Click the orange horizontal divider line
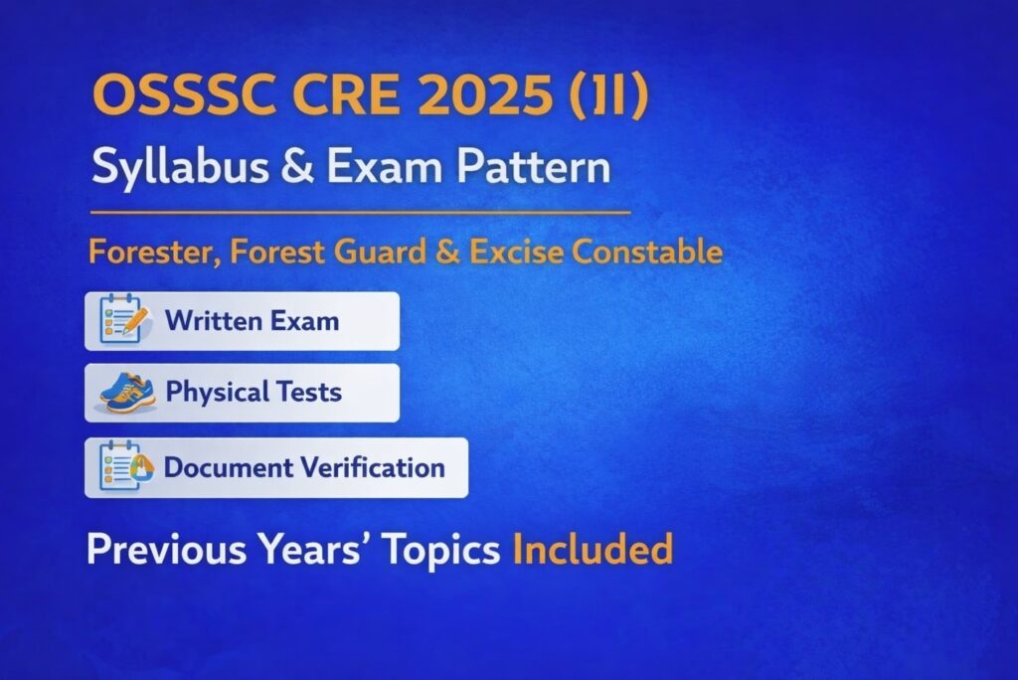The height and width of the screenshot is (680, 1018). (x=360, y=213)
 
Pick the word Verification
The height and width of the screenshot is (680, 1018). (x=375, y=467)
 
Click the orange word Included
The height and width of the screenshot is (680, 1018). (x=593, y=550)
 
